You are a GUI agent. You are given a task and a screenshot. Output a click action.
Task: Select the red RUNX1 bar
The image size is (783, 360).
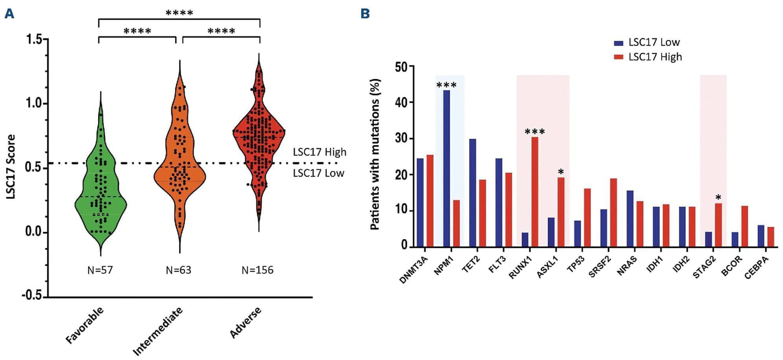tap(535, 192)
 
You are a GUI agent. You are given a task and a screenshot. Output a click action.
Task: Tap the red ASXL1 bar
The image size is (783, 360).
tap(561, 212)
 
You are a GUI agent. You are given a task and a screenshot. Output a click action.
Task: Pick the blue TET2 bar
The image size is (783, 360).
tap(472, 193)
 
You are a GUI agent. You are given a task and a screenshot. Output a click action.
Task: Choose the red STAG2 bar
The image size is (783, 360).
tap(718, 225)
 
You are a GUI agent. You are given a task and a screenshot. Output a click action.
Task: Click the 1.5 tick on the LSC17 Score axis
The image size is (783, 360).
tap(34, 39)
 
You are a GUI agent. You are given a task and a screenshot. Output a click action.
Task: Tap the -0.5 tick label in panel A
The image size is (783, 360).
tap(32, 296)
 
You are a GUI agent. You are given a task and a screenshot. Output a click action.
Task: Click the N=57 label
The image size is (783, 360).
tap(100, 270)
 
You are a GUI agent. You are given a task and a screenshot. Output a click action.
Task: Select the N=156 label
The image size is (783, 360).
tap(257, 270)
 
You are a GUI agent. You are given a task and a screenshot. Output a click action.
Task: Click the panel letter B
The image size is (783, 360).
tap(365, 14)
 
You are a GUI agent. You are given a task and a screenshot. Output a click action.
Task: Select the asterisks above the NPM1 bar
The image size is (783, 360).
tap(446, 85)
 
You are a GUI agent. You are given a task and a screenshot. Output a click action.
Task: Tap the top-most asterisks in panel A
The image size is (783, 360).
tap(179, 13)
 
